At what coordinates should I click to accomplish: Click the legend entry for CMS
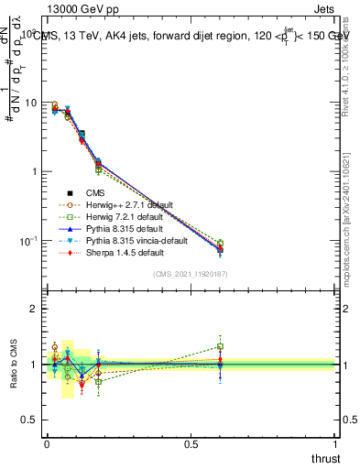point(94,192)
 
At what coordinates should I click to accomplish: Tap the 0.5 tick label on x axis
point(191,443)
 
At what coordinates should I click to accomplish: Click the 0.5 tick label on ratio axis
point(29,420)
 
